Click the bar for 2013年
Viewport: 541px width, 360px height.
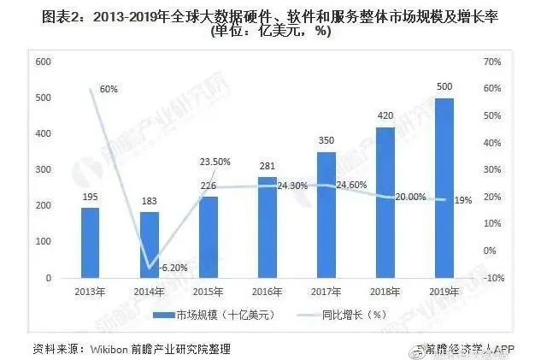click(90, 244)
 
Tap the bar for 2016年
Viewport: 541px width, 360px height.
click(267, 228)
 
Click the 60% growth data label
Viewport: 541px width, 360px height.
click(109, 89)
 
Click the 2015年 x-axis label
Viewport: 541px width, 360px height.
click(208, 291)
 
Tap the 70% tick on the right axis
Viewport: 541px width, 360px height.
click(491, 62)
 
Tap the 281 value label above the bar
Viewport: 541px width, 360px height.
click(267, 167)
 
